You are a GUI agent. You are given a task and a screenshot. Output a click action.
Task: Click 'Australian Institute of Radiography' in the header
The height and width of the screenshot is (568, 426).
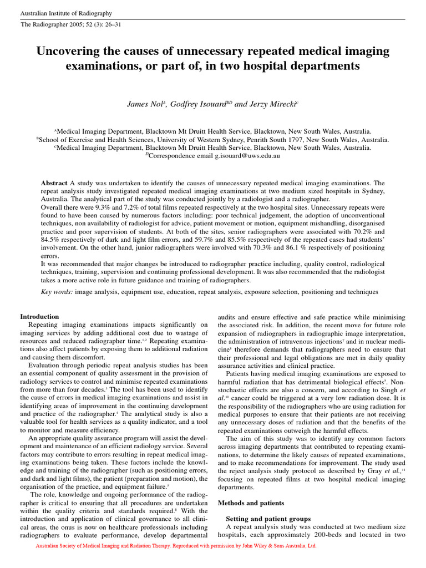(x=66, y=13)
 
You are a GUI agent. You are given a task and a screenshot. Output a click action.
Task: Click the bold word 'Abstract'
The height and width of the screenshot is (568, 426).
(x=55, y=183)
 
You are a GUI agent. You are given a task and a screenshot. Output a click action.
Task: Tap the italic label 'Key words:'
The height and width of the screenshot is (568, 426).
(x=57, y=291)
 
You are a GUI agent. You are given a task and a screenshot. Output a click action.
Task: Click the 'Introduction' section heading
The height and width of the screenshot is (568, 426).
(x=39, y=317)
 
